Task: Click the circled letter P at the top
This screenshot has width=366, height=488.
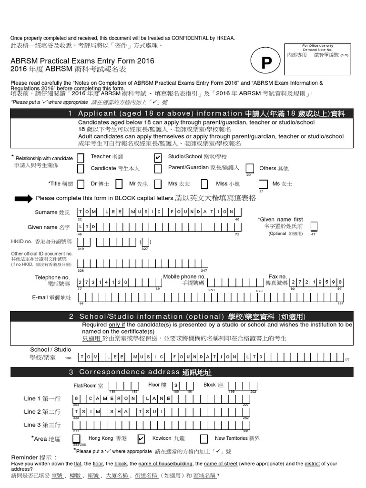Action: coord(267,62)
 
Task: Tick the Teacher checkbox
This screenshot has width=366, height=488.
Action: coord(81,157)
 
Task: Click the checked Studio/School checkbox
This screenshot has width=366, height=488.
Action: coord(158,157)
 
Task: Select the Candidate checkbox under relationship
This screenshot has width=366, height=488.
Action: coord(81,168)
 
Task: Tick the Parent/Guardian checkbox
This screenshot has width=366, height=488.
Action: coord(158,168)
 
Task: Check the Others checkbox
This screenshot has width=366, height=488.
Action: coord(250,168)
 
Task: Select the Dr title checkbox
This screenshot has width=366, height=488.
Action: coord(81,183)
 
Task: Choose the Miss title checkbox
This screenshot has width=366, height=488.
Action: coord(204,183)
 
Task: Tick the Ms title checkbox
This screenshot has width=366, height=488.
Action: coord(263,184)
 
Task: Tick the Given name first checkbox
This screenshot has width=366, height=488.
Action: coord(313,226)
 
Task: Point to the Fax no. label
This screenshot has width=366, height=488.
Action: coord(278,276)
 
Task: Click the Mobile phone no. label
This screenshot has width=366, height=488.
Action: coord(184,276)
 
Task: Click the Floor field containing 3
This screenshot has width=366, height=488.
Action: coord(176,386)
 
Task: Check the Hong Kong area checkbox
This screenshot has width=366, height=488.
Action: coord(76,438)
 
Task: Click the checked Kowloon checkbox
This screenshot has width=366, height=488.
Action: coord(141,438)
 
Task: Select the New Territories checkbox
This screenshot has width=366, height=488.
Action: coord(204,438)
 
